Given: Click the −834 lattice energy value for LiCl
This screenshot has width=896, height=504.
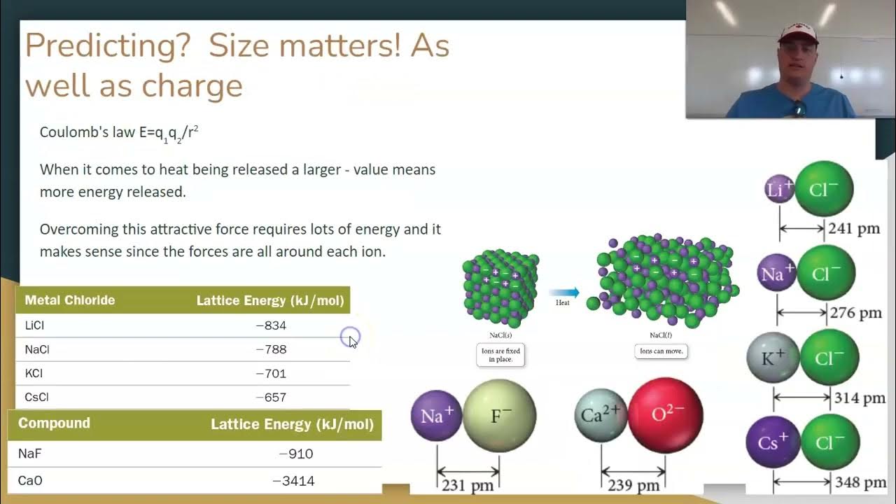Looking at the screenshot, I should tap(271, 325).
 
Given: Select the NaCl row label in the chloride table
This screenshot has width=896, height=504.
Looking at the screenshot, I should tap(37, 349).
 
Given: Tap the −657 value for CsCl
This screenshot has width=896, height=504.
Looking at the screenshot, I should tap(271, 398).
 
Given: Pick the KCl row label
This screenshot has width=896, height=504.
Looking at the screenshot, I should tap(34, 373).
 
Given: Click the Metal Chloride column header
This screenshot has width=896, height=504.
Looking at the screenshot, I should tap(70, 300).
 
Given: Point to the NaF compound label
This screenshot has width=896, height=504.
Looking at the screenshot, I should tap(30, 454).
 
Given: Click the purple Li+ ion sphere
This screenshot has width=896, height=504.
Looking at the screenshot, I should tap(779, 189).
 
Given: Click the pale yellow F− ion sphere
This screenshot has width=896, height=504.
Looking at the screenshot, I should tap(499, 416).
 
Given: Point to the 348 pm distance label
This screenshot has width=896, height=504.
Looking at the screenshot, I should tap(860, 482).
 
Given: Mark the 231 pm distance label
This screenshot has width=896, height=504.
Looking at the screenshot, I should tap(468, 485).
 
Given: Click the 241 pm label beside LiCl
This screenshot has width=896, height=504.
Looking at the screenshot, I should tap(853, 228).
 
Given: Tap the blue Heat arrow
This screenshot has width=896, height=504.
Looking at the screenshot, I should tap(563, 293).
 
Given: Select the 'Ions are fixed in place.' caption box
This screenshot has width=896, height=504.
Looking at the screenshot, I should tap(501, 355).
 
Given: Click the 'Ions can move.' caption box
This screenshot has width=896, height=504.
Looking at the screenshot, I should tap(661, 351).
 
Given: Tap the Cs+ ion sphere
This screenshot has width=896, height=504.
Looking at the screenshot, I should tap(773, 442).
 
